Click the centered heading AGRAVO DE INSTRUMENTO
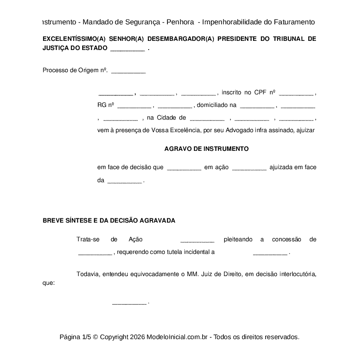(207, 149)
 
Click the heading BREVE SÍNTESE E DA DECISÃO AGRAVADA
(109, 220)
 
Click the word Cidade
(167, 118)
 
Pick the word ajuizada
(280, 167)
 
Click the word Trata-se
(88, 240)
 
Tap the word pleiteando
(238, 240)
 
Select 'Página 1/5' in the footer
(75, 337)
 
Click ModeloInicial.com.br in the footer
(178, 337)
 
